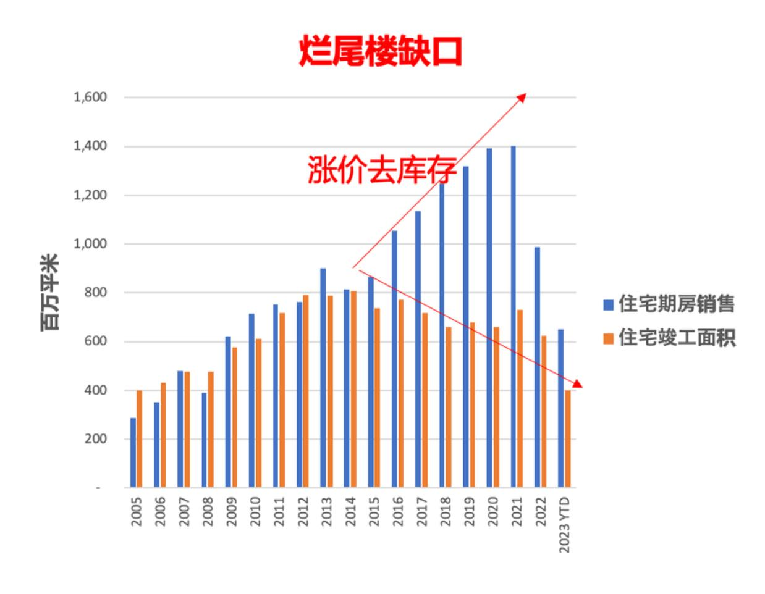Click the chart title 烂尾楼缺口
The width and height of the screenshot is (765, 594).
(x=380, y=52)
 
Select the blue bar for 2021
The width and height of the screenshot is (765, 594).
(x=513, y=317)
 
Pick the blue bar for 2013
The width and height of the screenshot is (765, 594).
(x=323, y=378)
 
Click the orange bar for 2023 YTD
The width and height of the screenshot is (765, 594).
(x=567, y=439)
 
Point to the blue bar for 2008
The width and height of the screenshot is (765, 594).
(x=204, y=440)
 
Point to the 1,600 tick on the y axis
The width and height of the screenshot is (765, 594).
(x=90, y=98)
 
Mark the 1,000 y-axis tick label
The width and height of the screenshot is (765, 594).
(x=90, y=244)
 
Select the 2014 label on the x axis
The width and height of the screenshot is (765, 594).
(x=350, y=511)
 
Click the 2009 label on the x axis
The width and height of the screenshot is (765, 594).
(x=231, y=511)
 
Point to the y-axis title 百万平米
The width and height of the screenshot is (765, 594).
(x=50, y=293)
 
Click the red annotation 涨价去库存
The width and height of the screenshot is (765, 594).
(x=381, y=170)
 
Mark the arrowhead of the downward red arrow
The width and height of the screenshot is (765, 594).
(x=579, y=386)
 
